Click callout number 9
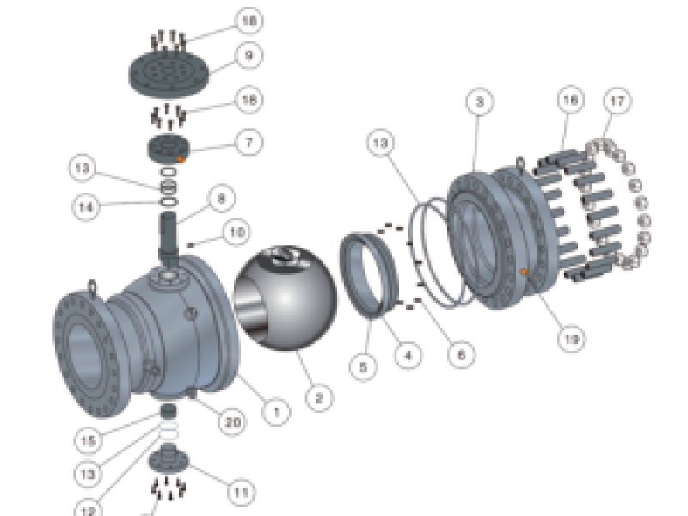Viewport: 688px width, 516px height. pyautogui.click(x=249, y=57)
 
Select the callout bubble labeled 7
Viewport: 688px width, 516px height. pyautogui.click(x=249, y=141)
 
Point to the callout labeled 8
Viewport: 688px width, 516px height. pyautogui.click(x=221, y=200)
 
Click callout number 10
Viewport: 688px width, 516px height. pyautogui.click(x=238, y=231)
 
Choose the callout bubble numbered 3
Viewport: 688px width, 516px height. pyautogui.click(x=480, y=101)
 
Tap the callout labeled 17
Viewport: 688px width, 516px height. pyautogui.click(x=617, y=101)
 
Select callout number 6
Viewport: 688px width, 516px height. pyautogui.click(x=460, y=353)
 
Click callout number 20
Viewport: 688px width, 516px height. pyautogui.click(x=232, y=422)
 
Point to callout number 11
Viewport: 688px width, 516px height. pyautogui.click(x=241, y=493)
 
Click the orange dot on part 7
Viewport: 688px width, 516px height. pyautogui.click(x=181, y=158)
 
